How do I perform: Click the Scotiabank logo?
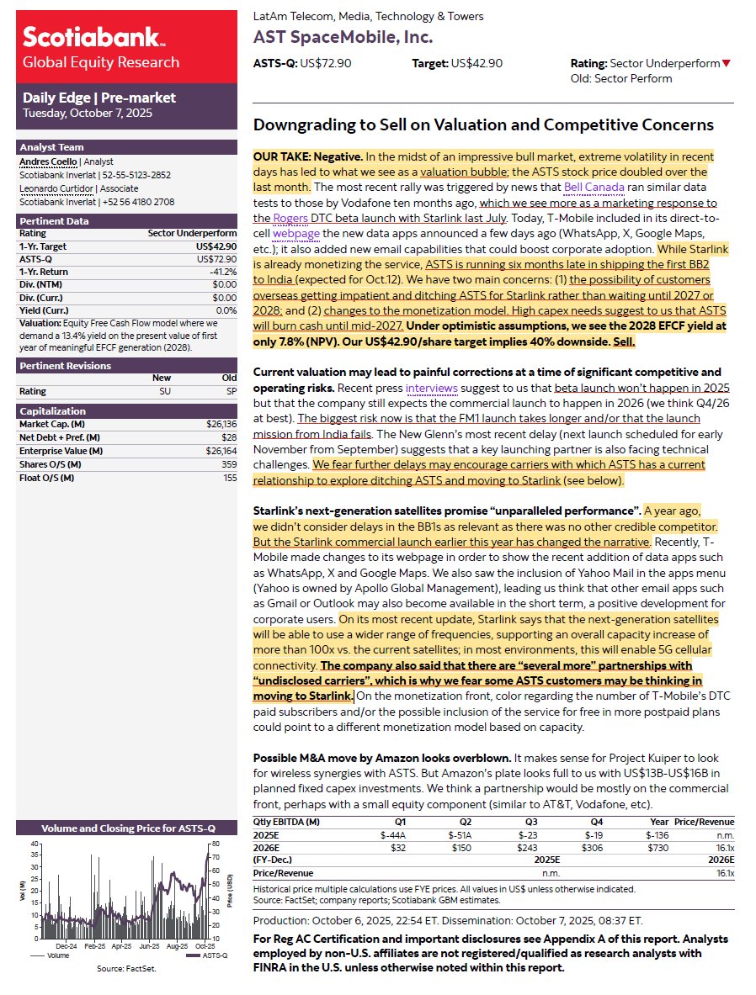point(93,38)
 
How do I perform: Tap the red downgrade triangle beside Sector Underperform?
point(727,64)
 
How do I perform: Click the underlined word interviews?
point(431,388)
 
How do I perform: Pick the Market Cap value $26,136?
point(220,424)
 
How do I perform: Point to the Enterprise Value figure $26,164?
point(220,452)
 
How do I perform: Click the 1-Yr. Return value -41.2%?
point(221,272)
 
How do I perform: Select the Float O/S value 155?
point(228,478)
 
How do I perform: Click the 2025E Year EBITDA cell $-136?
point(656,835)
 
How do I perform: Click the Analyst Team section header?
point(51,147)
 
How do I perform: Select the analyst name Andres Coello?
point(47,161)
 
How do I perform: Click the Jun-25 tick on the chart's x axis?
point(149,945)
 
